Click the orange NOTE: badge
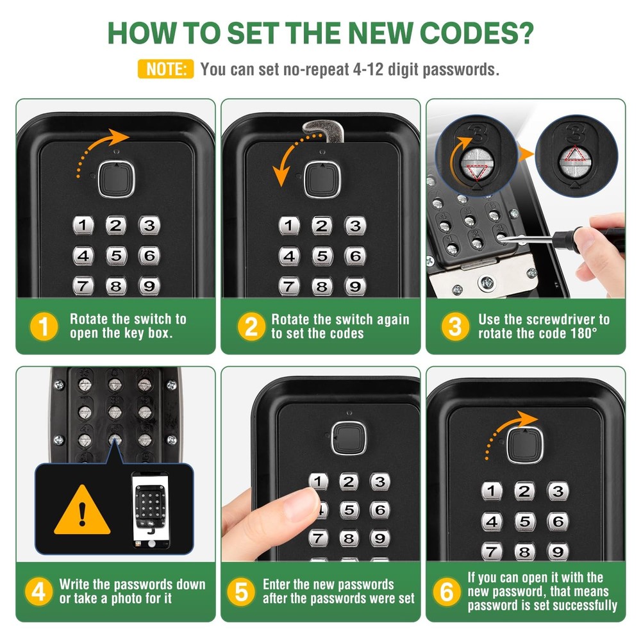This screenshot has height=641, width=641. point(165,69)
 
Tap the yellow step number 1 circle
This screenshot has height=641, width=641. point(44,327)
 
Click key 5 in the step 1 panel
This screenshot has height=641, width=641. point(116,256)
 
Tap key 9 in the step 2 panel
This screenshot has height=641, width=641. point(354,286)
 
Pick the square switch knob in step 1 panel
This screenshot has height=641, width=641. point(116,178)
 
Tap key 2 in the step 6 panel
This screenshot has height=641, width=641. point(524,492)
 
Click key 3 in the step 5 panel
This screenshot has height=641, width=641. point(380,482)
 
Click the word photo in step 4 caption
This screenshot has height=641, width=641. point(135,599)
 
